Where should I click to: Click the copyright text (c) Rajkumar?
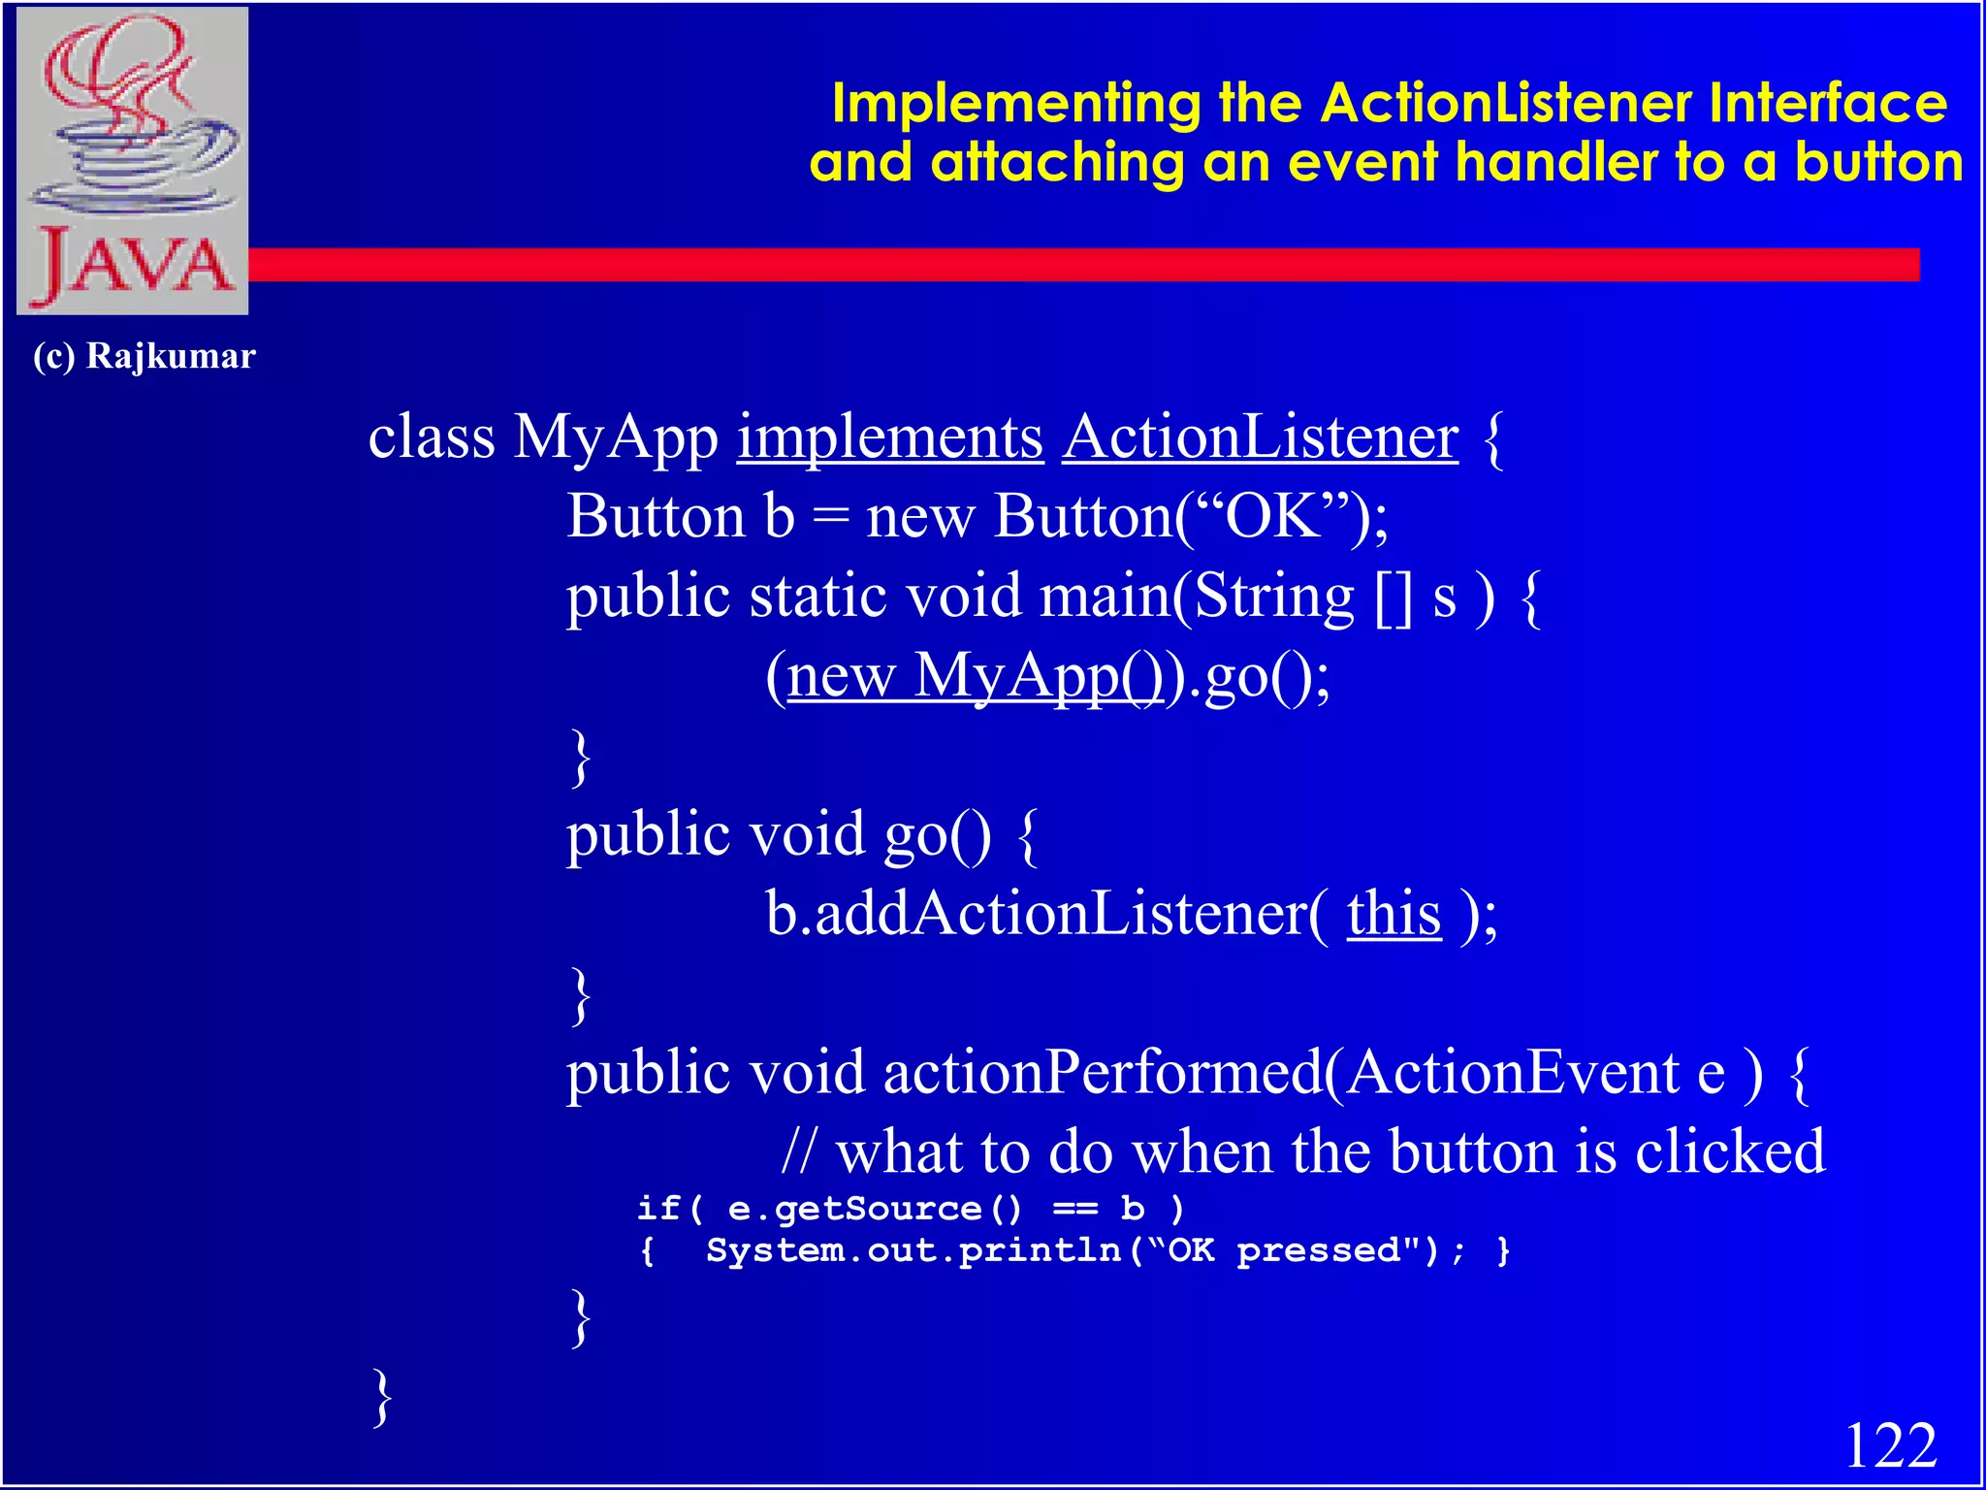pos(144,356)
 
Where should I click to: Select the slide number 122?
pos(1890,1446)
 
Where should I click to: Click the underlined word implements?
pos(890,438)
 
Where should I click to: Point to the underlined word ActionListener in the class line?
pos(1260,438)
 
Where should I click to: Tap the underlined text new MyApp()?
pos(975,676)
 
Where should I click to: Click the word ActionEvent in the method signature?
pos(1514,1074)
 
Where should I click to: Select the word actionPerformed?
pos(1103,1074)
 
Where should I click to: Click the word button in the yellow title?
pos(1877,162)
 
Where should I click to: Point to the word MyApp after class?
pos(615,438)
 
